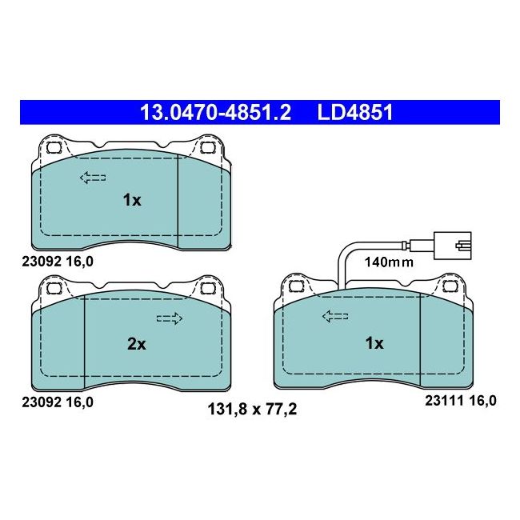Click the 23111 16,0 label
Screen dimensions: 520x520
click(461, 402)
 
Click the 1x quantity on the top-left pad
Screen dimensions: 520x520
click(131, 200)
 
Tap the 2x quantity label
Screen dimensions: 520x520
click(137, 344)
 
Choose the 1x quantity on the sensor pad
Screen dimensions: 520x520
click(374, 343)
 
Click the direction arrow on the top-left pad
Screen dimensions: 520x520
click(93, 178)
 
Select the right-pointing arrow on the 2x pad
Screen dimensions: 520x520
click(169, 318)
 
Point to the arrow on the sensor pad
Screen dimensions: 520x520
click(335, 317)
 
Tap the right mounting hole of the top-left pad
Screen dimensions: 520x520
click(206, 148)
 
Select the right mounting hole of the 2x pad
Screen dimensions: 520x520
click(206, 288)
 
